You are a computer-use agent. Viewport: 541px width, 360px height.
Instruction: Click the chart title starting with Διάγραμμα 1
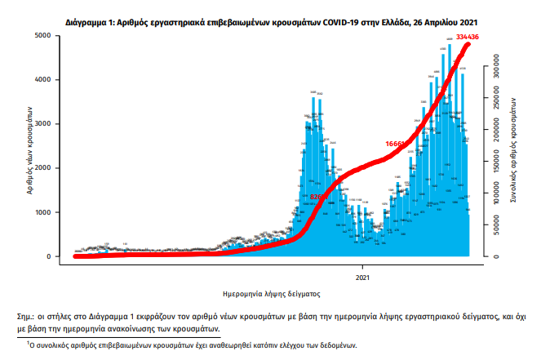pos(272,11)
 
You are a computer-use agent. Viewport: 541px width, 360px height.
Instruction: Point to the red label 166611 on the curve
pos(397,144)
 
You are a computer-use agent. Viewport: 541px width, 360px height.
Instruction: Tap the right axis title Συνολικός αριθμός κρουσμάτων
pos(516,147)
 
